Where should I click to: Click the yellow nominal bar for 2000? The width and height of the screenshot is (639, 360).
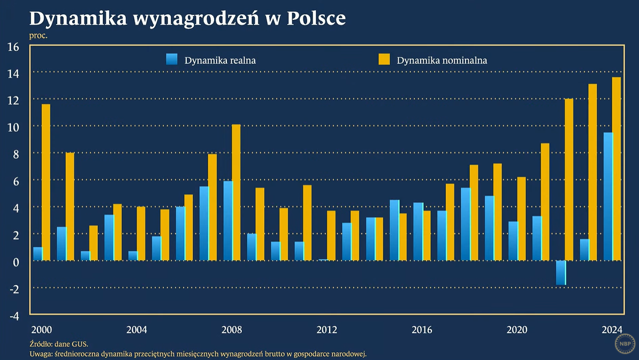tap(46, 182)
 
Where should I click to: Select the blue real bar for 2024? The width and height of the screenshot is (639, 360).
tap(608, 196)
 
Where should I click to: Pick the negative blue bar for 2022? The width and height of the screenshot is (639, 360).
tap(561, 272)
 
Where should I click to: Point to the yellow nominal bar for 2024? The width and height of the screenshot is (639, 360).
tap(617, 169)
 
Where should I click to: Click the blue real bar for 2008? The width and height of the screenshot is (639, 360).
tap(228, 221)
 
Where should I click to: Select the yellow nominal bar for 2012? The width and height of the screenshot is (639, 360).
tap(331, 235)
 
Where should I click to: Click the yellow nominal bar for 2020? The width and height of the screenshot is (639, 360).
tap(522, 219)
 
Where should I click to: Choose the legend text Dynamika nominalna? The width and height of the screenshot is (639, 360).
tap(442, 60)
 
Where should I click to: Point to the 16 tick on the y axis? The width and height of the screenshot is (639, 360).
tap(13, 47)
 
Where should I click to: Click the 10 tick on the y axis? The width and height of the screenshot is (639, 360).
tap(13, 128)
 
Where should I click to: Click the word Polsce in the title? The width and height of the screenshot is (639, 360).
tap(316, 18)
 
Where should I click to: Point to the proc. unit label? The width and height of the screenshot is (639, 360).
tap(39, 36)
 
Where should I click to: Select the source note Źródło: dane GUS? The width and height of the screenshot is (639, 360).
tap(59, 344)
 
